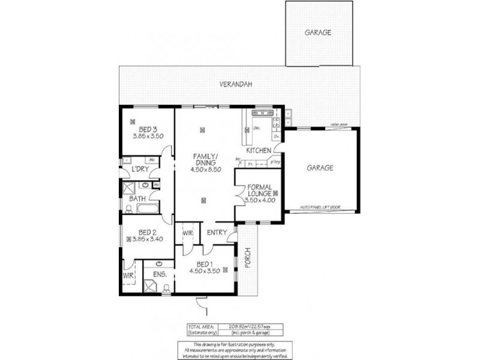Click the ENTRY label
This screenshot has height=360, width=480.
[x=217, y=233]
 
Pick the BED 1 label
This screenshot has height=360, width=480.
[x=204, y=264]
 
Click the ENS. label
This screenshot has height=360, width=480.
[x=160, y=275]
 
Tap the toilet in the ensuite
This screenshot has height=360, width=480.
[x=166, y=289]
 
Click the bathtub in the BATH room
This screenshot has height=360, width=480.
[x=148, y=209]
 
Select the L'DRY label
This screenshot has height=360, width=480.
[x=140, y=170]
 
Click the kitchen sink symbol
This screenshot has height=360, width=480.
[x=262, y=113]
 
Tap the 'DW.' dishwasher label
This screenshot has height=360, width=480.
[x=256, y=128]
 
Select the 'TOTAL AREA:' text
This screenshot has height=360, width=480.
[x=201, y=326]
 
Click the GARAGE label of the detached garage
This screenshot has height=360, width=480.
[x=318, y=33]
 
